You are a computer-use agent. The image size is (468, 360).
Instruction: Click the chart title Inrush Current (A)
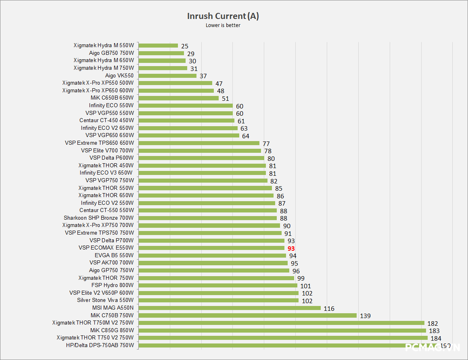click(223, 16)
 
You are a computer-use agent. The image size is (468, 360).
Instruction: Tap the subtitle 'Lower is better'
click(223, 25)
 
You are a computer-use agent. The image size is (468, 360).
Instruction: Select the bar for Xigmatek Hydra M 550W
click(158, 46)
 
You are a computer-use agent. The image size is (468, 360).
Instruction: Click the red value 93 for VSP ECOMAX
click(291, 248)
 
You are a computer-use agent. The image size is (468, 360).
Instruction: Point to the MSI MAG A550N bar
click(229, 308)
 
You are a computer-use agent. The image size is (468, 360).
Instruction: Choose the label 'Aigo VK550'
click(119, 75)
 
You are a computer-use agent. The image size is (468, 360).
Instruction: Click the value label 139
click(365, 316)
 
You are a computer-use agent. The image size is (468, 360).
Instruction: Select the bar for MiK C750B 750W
click(247, 315)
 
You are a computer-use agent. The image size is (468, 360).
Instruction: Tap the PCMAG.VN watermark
click(433, 348)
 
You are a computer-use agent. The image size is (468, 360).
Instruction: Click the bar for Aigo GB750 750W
click(161, 53)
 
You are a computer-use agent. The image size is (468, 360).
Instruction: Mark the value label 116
click(329, 309)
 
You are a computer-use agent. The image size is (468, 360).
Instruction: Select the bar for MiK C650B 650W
click(178, 98)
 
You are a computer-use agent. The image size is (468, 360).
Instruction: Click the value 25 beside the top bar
click(185, 46)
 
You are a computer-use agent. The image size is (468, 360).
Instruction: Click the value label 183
click(435, 331)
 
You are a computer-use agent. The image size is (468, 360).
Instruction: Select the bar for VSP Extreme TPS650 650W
click(198, 143)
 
